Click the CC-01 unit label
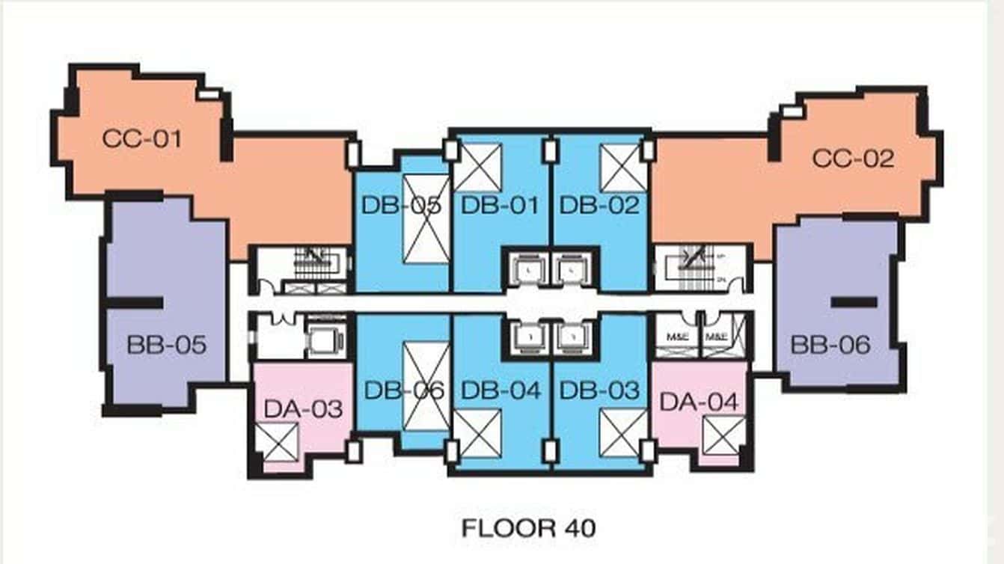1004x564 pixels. point(142,138)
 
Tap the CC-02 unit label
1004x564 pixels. point(854,159)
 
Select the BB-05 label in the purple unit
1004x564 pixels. point(166,346)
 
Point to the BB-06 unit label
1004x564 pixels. point(831,345)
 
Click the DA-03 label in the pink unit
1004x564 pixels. point(303,408)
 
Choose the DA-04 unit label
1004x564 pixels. point(699,402)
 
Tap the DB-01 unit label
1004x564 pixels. point(500,205)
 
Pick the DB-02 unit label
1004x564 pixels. point(600,205)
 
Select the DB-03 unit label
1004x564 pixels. point(600,390)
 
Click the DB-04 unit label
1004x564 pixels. point(501,390)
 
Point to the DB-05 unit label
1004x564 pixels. point(401,205)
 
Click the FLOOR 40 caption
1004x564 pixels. point(528,528)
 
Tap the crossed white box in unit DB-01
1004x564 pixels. point(477,167)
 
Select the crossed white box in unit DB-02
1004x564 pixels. point(622,167)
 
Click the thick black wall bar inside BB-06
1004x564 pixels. point(854,302)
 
